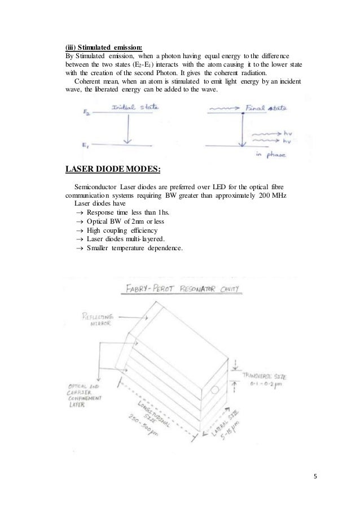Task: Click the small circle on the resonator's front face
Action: tap(215, 390)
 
